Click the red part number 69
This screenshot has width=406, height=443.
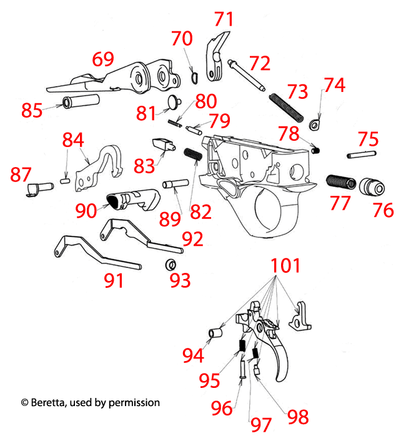[103, 59]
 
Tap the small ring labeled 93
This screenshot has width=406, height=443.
[170, 265]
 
